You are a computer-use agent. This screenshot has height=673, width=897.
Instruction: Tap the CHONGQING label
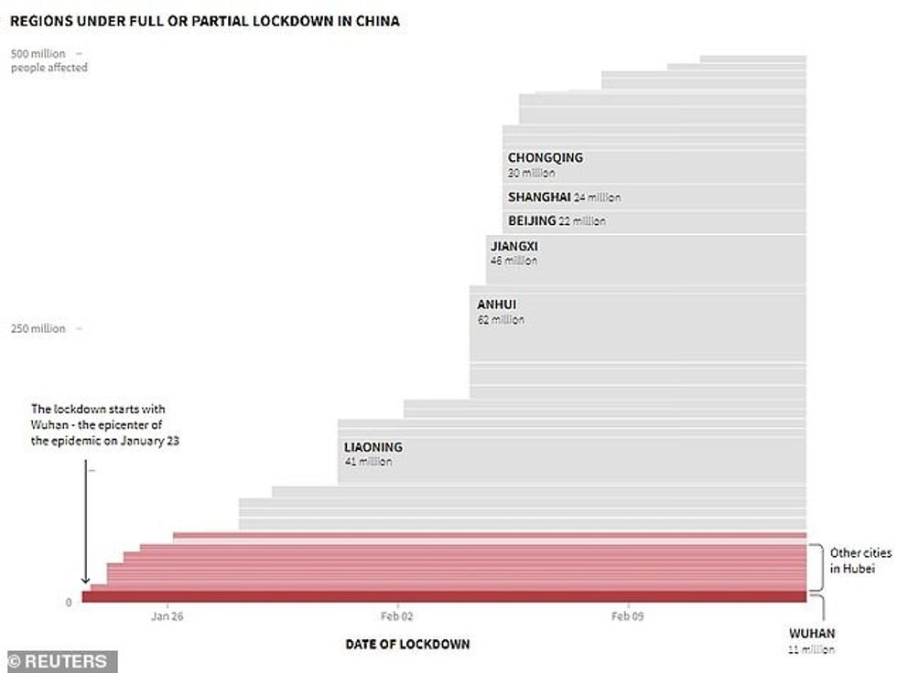tap(545, 157)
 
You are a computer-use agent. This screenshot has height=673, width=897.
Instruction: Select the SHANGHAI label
tap(539, 197)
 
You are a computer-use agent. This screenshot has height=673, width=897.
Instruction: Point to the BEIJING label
tap(532, 220)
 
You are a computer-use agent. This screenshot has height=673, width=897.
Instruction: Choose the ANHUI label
tap(497, 304)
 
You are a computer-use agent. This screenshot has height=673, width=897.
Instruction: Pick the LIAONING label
tap(373, 447)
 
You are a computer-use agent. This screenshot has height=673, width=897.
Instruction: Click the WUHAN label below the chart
tap(811, 633)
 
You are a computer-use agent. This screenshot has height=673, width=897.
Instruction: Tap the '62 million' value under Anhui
tap(501, 320)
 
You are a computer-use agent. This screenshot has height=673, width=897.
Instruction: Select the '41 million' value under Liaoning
tap(368, 463)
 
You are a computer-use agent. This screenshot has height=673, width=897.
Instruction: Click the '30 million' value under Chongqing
tap(531, 173)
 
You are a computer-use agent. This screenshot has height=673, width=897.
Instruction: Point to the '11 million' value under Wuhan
tap(811, 650)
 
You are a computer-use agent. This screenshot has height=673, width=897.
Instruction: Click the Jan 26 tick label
tap(168, 616)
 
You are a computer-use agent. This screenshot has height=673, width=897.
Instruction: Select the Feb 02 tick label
tap(397, 616)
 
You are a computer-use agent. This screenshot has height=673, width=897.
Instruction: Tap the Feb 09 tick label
tap(628, 616)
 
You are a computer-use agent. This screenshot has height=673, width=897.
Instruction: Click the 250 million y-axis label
tap(38, 329)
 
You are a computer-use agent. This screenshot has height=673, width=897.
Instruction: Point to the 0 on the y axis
tap(68, 603)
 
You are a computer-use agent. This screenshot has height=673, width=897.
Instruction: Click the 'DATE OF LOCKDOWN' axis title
tap(407, 644)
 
